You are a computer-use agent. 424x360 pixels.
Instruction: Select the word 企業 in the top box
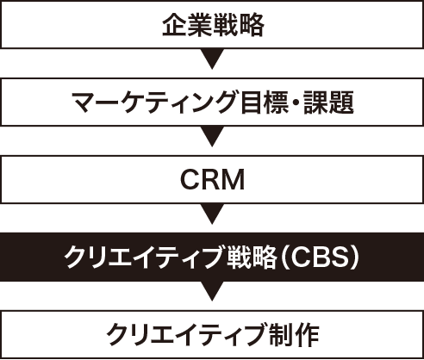coord(185,25)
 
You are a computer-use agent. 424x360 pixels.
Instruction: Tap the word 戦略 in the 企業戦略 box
coord(237,25)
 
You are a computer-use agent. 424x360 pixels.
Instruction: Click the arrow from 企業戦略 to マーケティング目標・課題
coord(212,61)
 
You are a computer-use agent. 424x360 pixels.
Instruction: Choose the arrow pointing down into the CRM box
coord(212,137)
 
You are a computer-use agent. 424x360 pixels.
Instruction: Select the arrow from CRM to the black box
coord(212,214)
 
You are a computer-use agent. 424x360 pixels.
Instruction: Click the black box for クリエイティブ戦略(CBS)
coord(212,256)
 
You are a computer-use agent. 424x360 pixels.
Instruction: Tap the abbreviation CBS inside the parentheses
coord(324,257)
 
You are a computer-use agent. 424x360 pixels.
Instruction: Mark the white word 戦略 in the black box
coord(249,257)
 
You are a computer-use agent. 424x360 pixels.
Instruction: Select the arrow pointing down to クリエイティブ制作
coord(212,290)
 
